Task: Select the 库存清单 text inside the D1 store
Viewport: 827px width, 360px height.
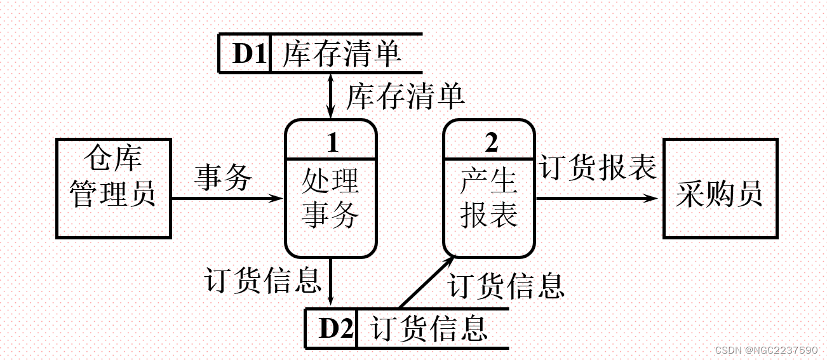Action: [342, 53]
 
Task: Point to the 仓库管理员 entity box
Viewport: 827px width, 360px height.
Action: [114, 189]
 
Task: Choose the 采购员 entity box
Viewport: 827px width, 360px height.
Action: [720, 189]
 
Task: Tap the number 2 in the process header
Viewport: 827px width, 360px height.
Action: [491, 142]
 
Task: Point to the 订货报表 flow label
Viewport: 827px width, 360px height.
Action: [598, 168]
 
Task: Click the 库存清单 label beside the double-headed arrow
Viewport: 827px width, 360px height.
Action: [405, 97]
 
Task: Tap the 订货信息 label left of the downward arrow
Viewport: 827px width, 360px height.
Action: [264, 279]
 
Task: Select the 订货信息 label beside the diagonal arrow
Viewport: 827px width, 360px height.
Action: [506, 285]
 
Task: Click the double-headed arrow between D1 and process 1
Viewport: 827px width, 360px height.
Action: [330, 95]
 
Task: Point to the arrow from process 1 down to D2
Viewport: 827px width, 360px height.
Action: [330, 282]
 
